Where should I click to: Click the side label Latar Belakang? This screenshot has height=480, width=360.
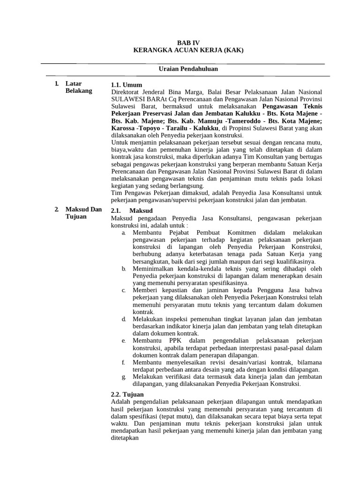click(x=79, y=87)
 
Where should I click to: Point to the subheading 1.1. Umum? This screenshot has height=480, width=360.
click(x=126, y=85)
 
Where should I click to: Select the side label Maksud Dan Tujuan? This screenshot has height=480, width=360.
click(x=83, y=213)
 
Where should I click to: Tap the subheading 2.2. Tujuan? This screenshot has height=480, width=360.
click(x=127, y=394)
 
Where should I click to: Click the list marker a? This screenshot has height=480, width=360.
click(x=123, y=233)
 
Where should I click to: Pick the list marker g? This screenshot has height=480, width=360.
click(x=123, y=376)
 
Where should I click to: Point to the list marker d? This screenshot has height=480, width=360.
click(x=123, y=319)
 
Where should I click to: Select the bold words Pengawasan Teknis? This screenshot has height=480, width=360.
click(x=294, y=106)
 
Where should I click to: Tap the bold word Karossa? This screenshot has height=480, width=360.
click(x=123, y=127)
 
